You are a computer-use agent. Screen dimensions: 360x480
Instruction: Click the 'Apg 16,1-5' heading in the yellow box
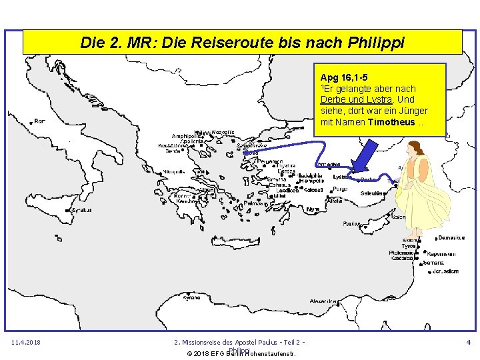tap(343, 77)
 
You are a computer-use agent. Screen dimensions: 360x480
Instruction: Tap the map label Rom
tap(40, 121)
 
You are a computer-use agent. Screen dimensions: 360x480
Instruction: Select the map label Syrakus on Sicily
tap(81, 210)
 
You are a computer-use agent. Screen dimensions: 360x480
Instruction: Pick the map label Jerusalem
tap(445, 271)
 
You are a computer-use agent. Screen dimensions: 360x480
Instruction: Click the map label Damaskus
tap(451, 237)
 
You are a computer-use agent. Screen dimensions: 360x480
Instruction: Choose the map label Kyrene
tap(192, 297)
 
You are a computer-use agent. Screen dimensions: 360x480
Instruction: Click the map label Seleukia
tap(373, 193)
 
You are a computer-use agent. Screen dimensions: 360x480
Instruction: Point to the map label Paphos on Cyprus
tap(351, 224)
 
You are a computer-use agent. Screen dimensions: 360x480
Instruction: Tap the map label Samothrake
tap(242, 145)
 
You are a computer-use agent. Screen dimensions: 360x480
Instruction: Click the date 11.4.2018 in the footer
tap(27, 343)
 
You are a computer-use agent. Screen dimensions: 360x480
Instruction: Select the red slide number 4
tap(468, 343)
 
